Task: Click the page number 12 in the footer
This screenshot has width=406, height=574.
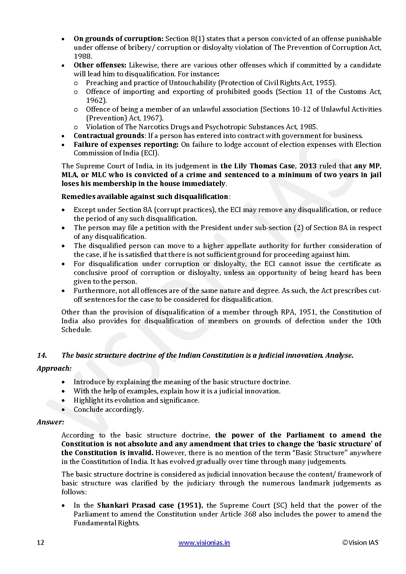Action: click(41, 542)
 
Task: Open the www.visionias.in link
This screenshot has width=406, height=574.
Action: click(204, 542)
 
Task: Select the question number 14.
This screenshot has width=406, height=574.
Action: click(42, 355)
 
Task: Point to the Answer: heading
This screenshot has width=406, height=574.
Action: click(50, 422)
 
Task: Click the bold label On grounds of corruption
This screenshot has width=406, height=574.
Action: click(119, 39)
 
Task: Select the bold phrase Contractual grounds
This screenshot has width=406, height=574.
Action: click(109, 136)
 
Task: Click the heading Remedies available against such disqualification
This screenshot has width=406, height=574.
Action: click(145, 197)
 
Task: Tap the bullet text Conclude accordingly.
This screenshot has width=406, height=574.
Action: click(109, 410)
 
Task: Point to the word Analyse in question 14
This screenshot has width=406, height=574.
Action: click(339, 355)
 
